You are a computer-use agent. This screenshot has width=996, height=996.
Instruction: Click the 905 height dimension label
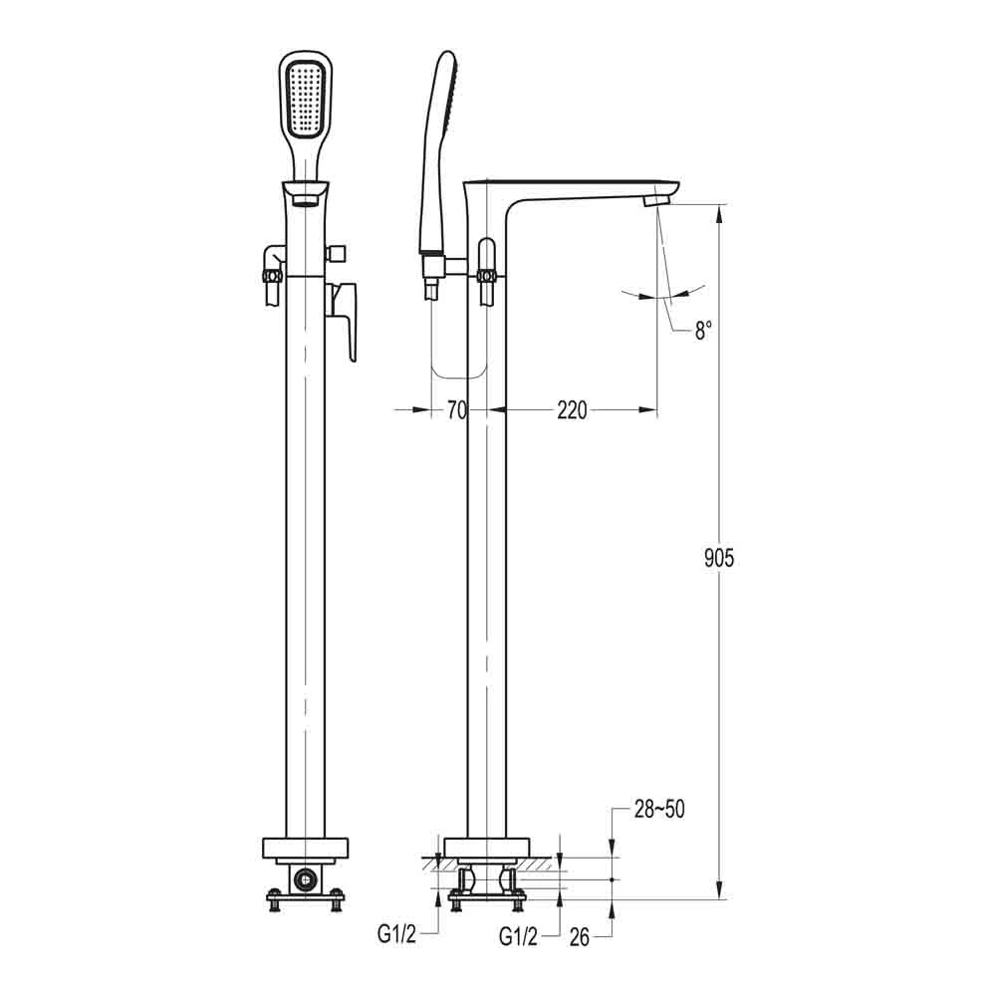[718, 558]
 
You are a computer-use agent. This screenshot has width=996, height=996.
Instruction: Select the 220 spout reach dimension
[572, 410]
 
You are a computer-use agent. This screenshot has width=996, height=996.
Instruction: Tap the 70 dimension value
[457, 410]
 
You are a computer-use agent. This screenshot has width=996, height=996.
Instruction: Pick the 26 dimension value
[582, 935]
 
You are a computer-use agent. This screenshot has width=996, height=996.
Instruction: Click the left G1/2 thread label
[395, 934]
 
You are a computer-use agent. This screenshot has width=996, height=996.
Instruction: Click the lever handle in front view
[345, 317]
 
